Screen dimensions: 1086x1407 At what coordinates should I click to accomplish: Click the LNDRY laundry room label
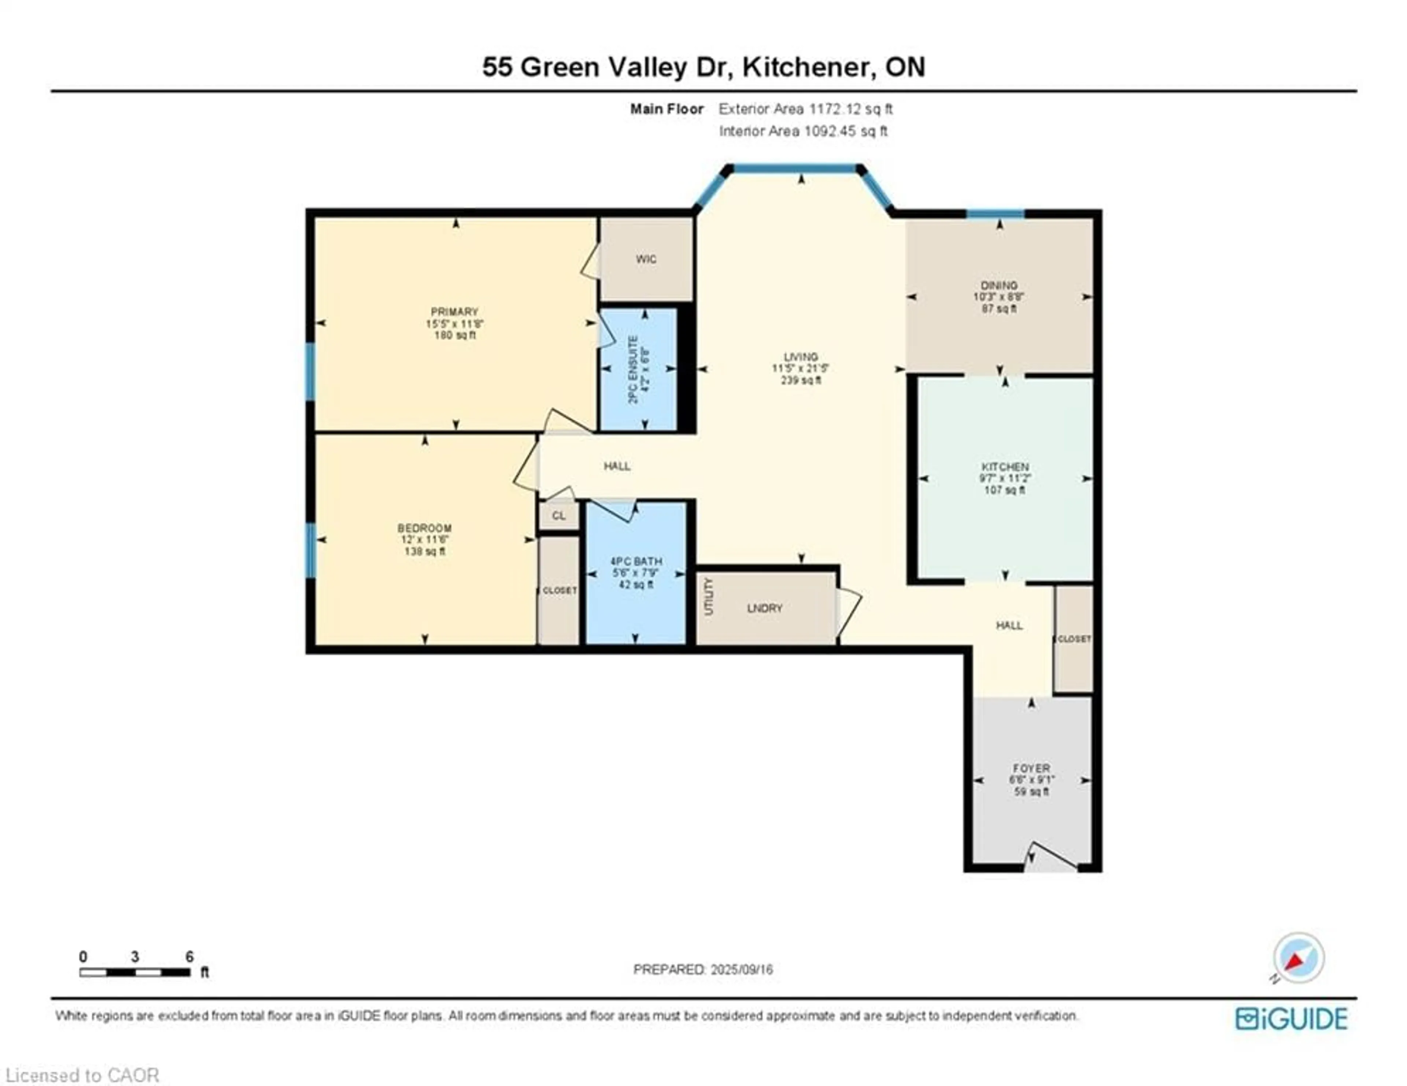[765, 608]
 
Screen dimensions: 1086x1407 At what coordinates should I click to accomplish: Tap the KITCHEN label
[1004, 466]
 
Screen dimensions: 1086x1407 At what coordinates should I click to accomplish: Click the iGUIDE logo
[1291, 1018]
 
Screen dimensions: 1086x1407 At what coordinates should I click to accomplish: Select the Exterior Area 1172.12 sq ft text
[805, 109]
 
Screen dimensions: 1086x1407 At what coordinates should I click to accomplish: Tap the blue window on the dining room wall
[995, 214]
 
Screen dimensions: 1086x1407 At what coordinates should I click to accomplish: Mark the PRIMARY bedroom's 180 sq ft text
[455, 335]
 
